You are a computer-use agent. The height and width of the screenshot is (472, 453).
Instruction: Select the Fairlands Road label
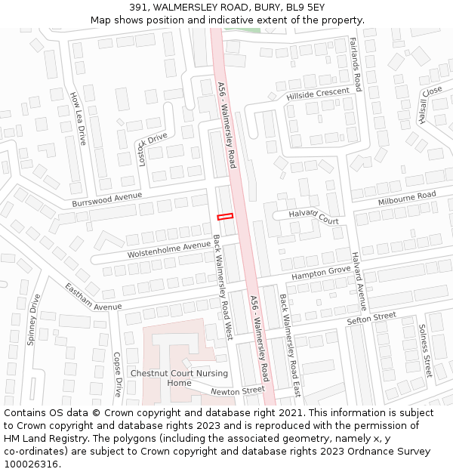[356, 64]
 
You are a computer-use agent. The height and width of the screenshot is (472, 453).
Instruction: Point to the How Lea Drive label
[78, 119]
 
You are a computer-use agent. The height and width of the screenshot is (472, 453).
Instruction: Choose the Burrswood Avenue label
[107, 200]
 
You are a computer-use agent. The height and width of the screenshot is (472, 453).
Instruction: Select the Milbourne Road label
[407, 199]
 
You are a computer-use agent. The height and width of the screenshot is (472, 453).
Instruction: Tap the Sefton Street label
[371, 319]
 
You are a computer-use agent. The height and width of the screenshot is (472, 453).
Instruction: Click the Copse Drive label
[117, 375]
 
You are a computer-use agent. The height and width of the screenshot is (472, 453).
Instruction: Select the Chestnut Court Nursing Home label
[179, 378]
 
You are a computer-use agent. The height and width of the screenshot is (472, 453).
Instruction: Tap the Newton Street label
[238, 391]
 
